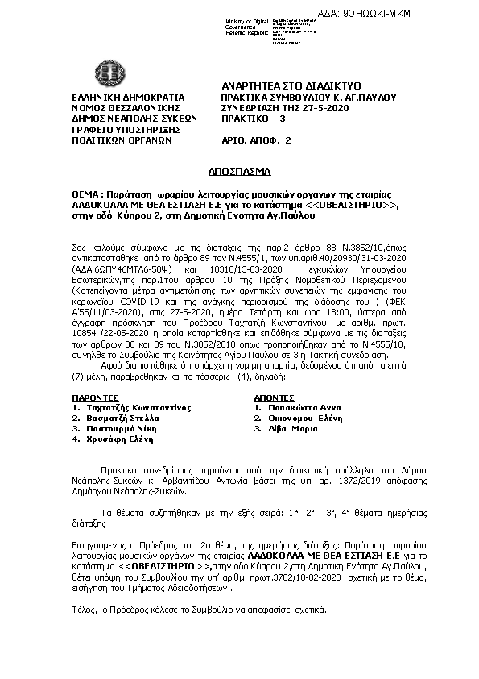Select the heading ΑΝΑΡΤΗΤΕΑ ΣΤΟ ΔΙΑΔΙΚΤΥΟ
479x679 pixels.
coord(291,85)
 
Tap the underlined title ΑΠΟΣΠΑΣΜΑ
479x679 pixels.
coord(240,172)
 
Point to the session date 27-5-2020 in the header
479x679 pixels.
coord(320,107)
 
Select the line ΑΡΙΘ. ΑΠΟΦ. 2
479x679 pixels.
coord(256,140)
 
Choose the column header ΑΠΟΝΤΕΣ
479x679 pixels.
coord(274,398)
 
